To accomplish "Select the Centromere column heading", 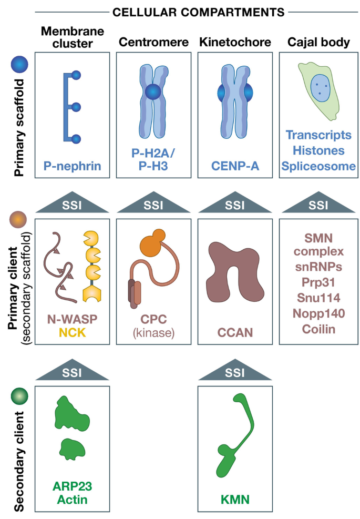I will point(153,43).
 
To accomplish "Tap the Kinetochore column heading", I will point(234,43).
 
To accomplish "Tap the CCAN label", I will point(234,332).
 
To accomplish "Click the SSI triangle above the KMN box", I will point(234,372).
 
